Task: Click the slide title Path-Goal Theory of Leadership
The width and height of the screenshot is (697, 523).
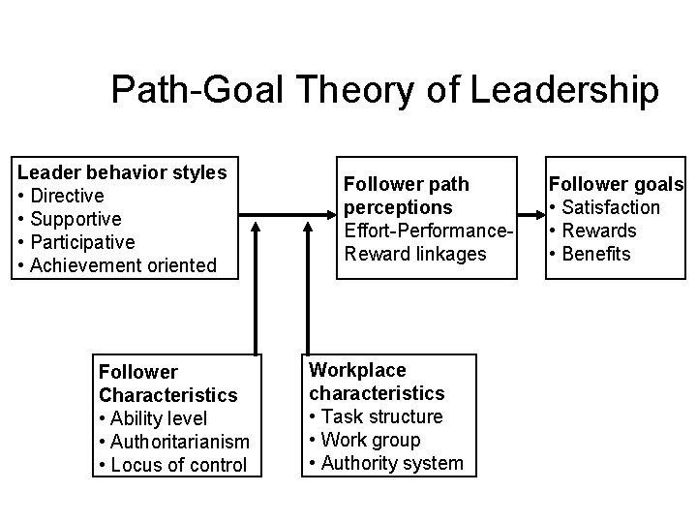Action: point(385,90)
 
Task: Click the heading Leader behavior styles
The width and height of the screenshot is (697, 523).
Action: point(123,172)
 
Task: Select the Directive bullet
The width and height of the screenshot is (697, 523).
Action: point(62,196)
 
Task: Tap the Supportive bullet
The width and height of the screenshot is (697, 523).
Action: point(70,219)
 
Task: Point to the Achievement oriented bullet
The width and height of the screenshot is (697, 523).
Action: point(117,265)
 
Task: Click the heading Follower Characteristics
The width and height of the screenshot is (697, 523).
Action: point(167,384)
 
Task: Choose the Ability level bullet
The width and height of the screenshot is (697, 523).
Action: point(154,418)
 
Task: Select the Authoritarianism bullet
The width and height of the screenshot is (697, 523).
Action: point(173,442)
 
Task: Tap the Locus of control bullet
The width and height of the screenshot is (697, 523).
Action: point(172,465)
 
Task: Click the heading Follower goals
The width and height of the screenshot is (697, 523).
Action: point(617,184)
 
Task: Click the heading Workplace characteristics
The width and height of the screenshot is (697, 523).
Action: point(377,382)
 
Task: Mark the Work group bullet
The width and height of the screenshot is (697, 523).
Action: point(364,440)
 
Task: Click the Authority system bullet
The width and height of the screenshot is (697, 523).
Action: point(385,463)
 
